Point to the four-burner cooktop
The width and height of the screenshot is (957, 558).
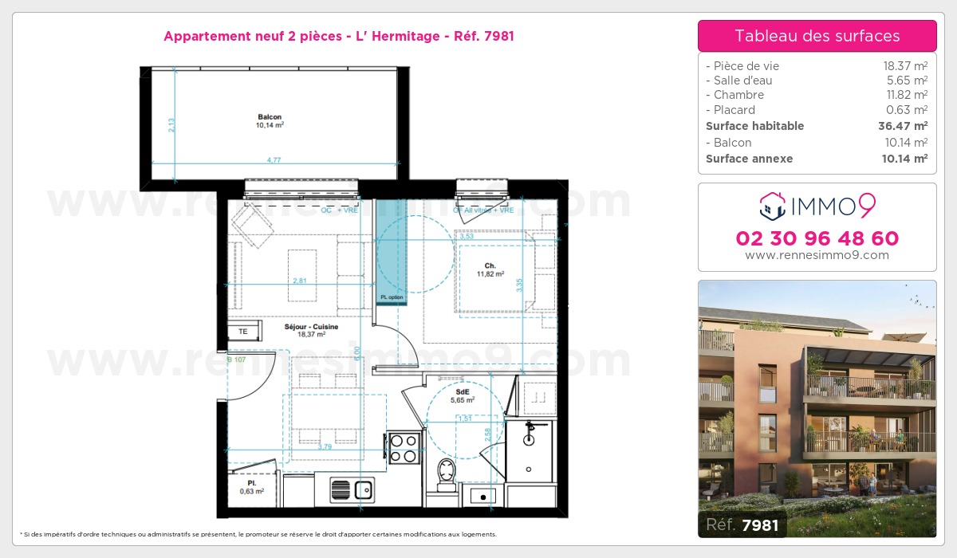pos(404,448)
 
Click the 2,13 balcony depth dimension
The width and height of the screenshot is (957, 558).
pos(171,125)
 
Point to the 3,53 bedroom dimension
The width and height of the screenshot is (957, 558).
pos(467,236)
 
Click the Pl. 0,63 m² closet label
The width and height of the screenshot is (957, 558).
pos(251,487)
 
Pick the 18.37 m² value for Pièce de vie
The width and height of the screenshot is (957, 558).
pos(904,66)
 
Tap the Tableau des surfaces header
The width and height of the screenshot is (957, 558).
pos(817,36)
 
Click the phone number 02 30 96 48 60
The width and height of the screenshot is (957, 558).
pos(817,238)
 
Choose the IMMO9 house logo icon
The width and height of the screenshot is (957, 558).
pos(772,206)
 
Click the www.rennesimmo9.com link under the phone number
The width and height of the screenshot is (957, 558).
pos(817,256)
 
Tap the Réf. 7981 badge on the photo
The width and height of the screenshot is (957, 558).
pos(742,525)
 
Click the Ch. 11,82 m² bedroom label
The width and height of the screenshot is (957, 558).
pos(490,269)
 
